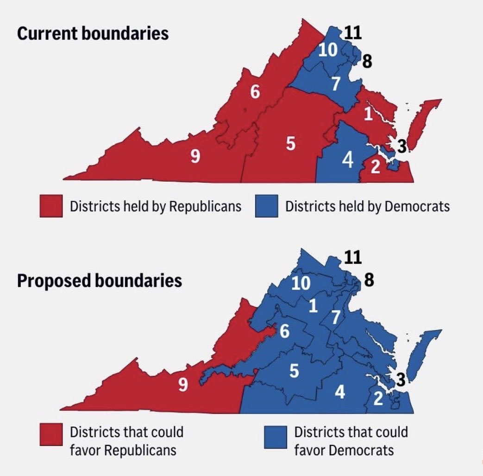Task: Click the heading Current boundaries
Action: pyautogui.click(x=93, y=34)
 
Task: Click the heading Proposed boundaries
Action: pyautogui.click(x=99, y=281)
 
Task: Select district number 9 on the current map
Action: pyautogui.click(x=195, y=158)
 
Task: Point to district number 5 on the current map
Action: pyautogui.click(x=290, y=144)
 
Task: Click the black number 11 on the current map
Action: pyautogui.click(x=352, y=33)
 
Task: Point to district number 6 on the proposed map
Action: pyautogui.click(x=284, y=331)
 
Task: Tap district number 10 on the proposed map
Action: pyautogui.click(x=301, y=283)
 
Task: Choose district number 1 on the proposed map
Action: pyautogui.click(x=314, y=306)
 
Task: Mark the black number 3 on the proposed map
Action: pyautogui.click(x=401, y=380)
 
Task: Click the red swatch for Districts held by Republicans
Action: pyautogui.click(x=51, y=206)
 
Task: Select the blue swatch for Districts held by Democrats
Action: pyautogui.click(x=266, y=206)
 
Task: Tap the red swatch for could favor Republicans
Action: pyautogui.click(x=51, y=435)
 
